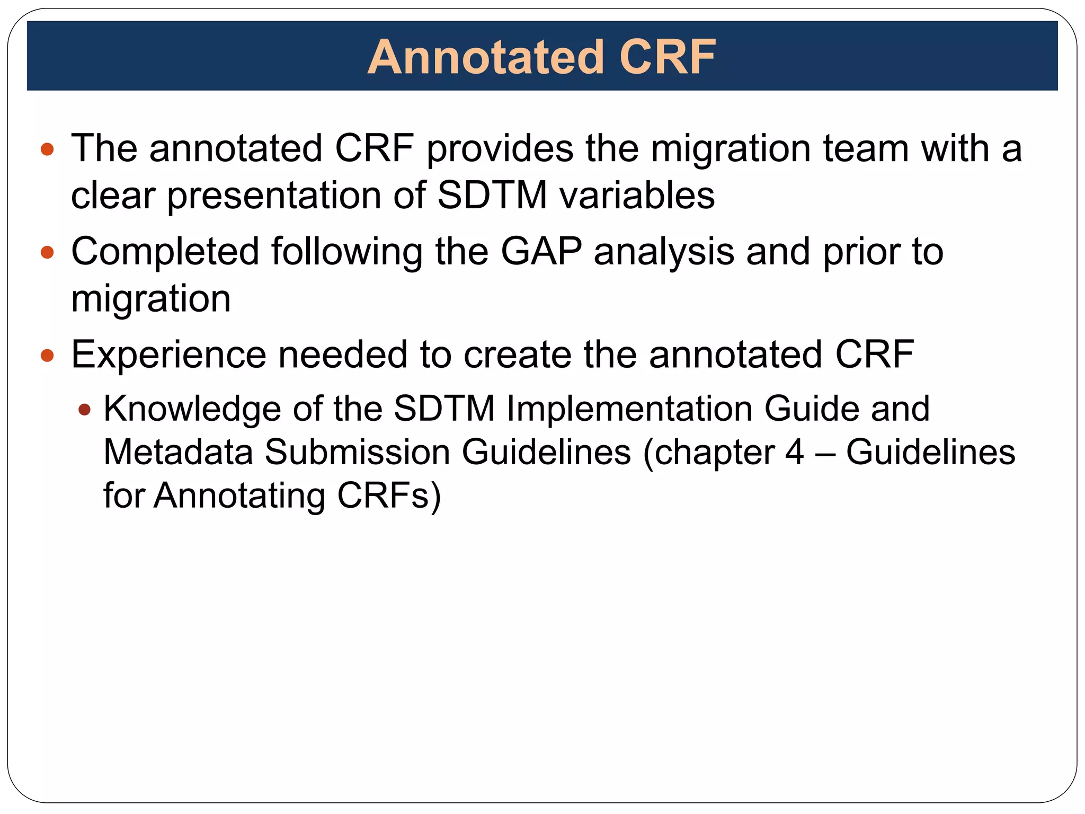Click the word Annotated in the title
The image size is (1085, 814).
486,57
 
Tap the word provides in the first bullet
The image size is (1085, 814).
500,148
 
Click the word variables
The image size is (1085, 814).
637,196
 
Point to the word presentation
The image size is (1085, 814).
274,196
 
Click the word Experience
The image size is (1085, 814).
168,355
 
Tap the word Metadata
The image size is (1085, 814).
178,453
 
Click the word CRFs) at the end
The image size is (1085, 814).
389,496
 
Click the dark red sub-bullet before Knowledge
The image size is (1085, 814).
84,410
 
